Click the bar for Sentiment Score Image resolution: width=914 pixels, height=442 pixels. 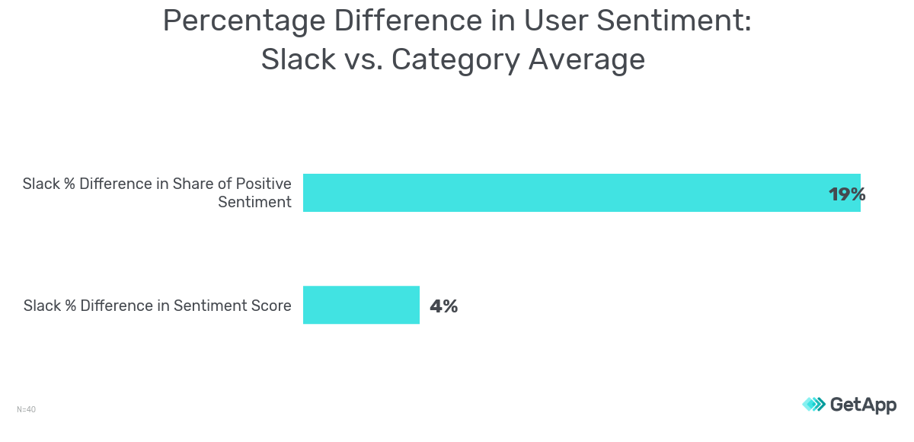click(361, 305)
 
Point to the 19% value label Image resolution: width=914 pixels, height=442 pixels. click(847, 194)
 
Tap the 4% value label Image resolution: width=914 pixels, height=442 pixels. click(443, 306)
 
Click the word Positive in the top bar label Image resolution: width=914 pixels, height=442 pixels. click(264, 184)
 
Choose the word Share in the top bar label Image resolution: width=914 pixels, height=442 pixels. click(193, 184)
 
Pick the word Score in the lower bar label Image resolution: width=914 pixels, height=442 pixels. click(272, 306)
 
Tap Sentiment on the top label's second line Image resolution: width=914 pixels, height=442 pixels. click(254, 202)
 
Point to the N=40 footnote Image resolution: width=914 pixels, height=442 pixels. click(26, 409)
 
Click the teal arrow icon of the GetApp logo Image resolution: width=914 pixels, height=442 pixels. click(813, 405)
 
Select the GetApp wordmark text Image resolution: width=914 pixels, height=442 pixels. click(863, 405)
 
